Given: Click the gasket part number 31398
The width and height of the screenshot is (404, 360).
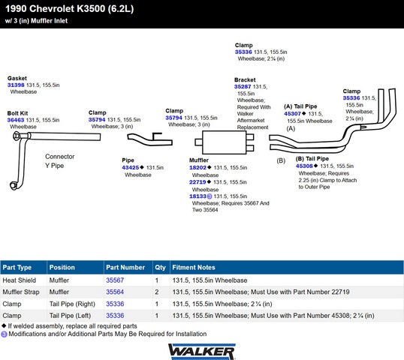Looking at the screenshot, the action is (16, 85).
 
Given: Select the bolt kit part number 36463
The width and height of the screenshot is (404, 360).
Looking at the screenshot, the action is (16, 120).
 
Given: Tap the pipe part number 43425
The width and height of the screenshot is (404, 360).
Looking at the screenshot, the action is (131, 167).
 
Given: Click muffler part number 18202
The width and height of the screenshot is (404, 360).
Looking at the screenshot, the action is (197, 167).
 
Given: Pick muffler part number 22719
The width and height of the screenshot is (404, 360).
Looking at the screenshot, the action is (197, 182).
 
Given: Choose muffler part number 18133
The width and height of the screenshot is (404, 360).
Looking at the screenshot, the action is (197, 196).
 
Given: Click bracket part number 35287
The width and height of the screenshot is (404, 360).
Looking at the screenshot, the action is (243, 87).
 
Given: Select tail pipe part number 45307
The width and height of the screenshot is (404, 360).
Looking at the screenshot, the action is (292, 114).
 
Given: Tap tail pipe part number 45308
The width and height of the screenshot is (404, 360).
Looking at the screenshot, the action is (304, 166).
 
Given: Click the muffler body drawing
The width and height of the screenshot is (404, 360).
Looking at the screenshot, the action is (225, 142).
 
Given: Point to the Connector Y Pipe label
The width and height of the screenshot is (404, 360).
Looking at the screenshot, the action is (60, 161).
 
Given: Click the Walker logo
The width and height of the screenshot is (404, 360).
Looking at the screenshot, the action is (202, 352).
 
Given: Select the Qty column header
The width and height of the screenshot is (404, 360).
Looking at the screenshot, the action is (160, 267).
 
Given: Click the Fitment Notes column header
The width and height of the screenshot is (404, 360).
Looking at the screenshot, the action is (194, 267).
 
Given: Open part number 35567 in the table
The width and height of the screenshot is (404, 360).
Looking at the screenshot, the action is (115, 280).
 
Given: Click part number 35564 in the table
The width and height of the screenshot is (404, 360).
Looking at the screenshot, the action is (115, 292).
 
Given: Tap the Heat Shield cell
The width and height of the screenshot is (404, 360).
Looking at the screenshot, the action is (20, 280).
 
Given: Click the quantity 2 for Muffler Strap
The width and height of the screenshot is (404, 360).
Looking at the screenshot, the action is (157, 292).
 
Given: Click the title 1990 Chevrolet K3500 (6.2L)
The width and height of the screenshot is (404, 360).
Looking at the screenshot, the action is (70, 9).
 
